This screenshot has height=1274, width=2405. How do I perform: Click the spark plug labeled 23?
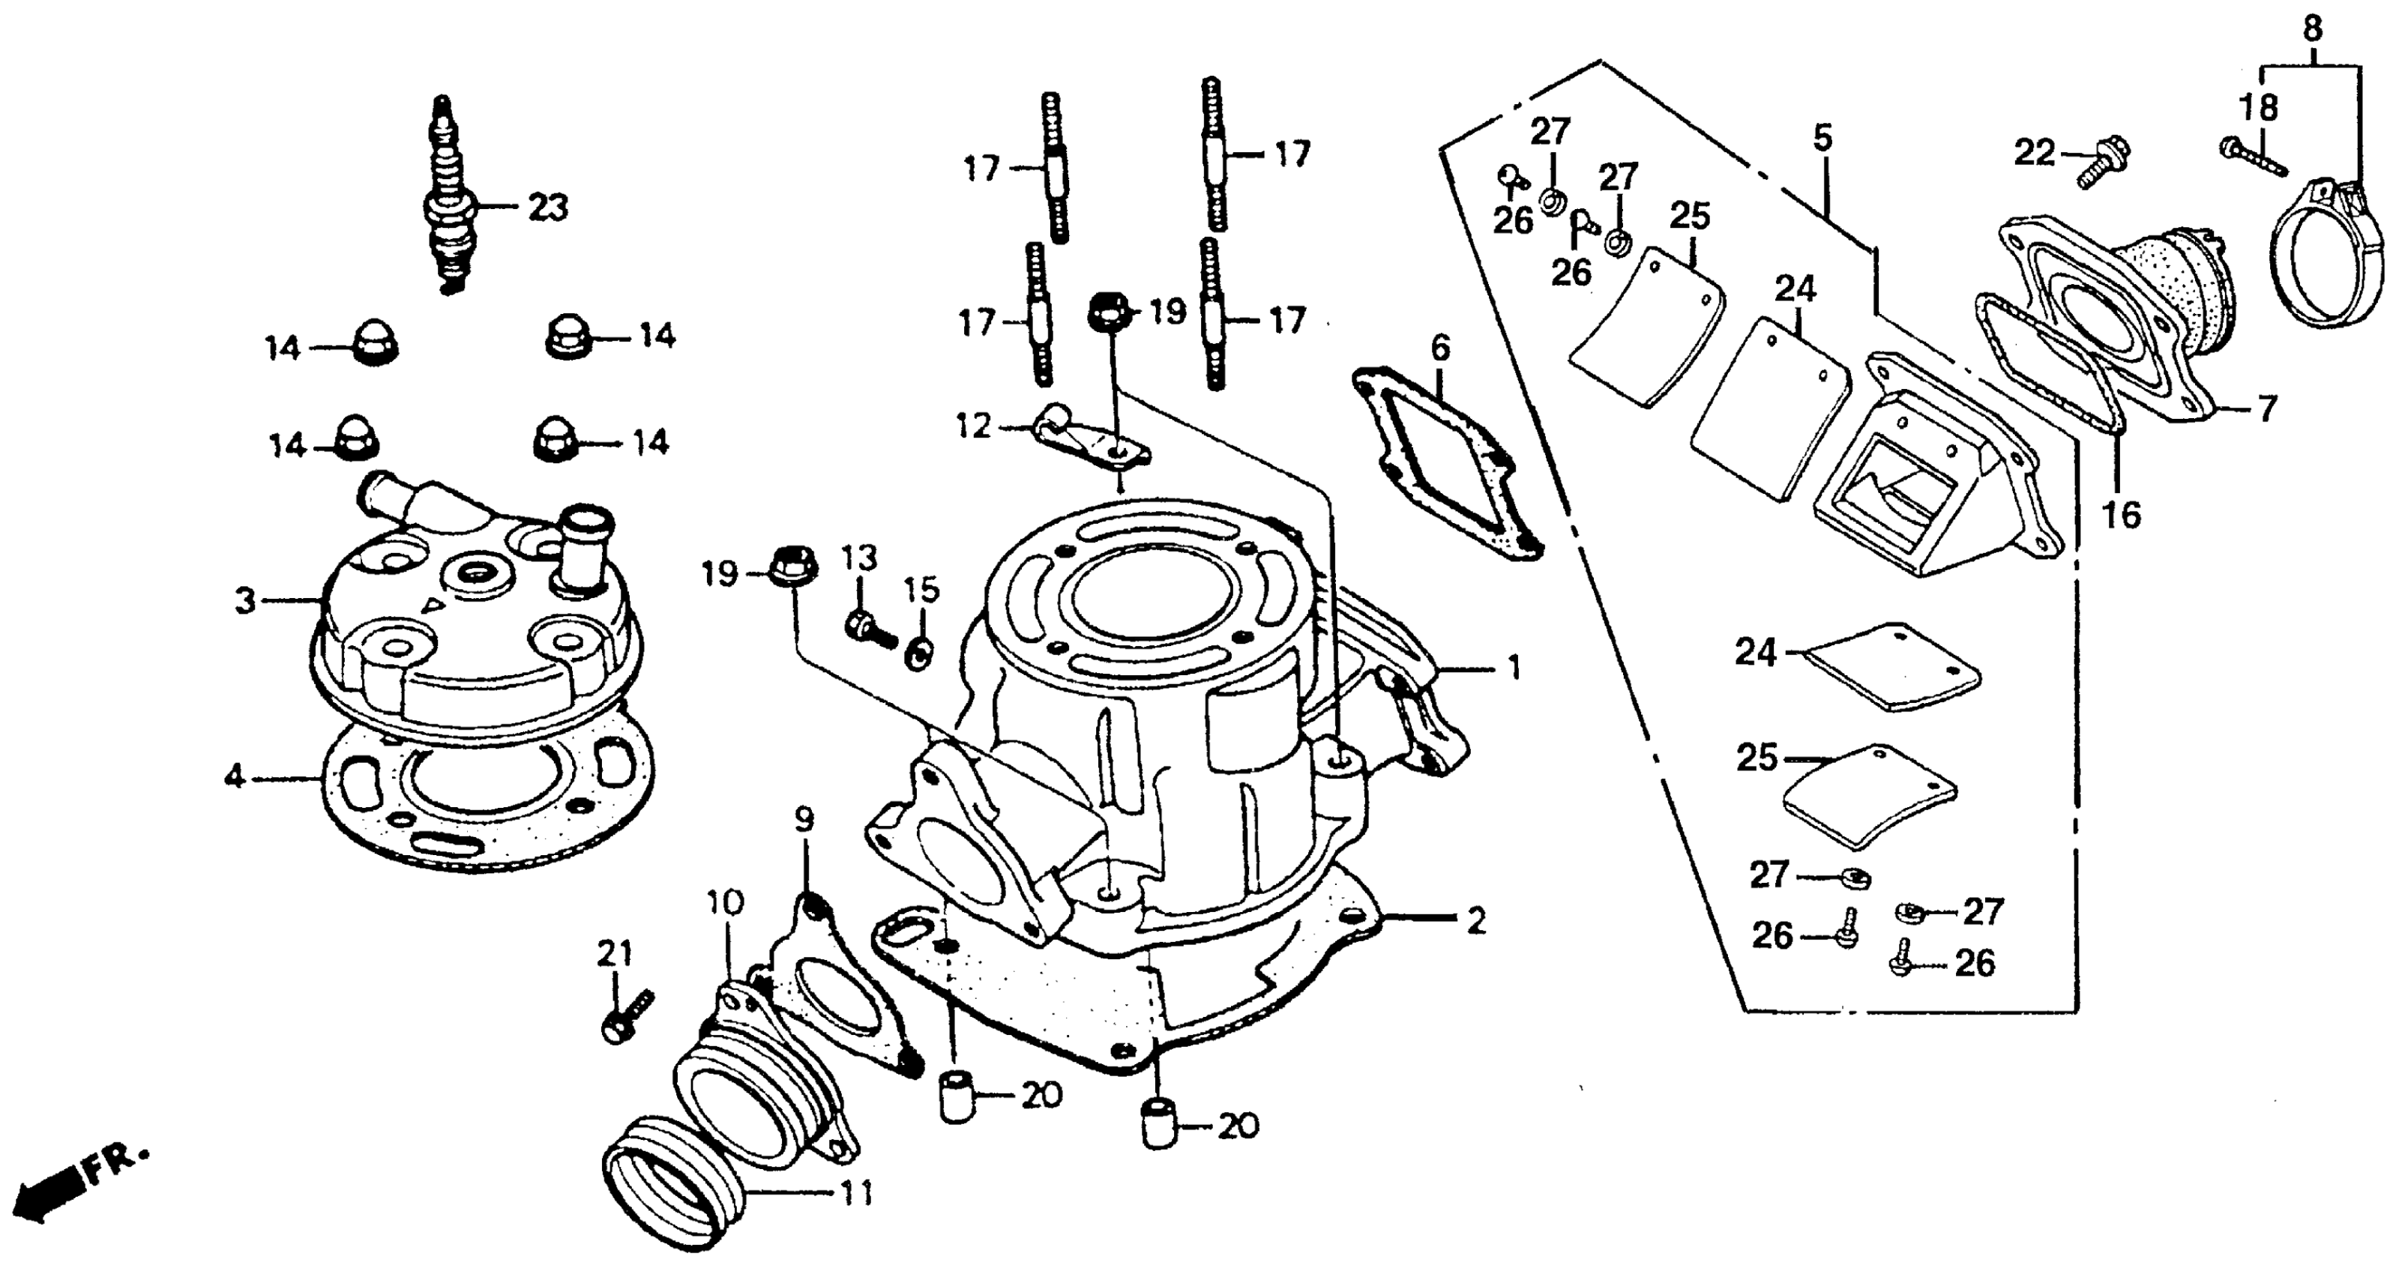click(449, 201)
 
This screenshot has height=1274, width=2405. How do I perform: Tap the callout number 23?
click(548, 207)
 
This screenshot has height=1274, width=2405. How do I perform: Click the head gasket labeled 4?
click(486, 803)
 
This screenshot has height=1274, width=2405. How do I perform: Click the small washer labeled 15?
click(918, 654)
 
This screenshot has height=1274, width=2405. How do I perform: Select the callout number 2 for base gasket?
click(1475, 921)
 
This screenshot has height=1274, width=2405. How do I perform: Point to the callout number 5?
click(1822, 138)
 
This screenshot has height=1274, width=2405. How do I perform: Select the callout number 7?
click(2268, 408)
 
